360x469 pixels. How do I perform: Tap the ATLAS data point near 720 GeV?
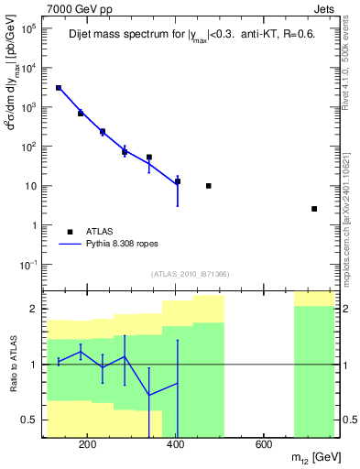314,209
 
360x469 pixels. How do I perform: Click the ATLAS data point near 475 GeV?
209,186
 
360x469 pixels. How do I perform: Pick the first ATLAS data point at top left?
59,88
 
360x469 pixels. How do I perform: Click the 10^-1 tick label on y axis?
29,265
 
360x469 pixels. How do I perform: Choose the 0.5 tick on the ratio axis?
31,420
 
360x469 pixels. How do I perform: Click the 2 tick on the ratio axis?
35,309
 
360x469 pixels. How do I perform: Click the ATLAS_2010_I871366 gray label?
190,275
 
